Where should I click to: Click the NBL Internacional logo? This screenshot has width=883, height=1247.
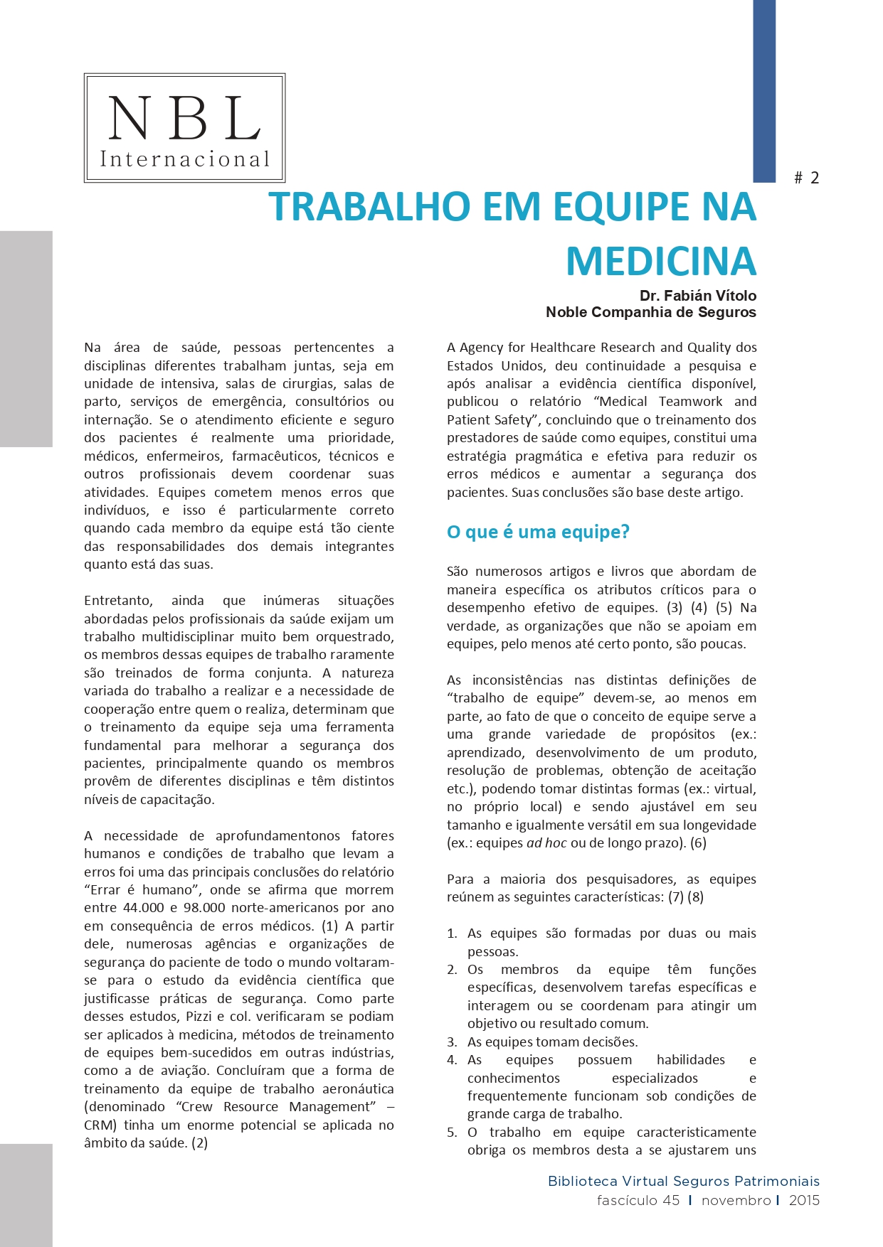184,128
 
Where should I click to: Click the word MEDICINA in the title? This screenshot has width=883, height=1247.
660,261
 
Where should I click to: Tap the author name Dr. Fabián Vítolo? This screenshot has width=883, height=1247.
697,296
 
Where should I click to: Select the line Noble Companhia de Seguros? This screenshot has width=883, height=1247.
650,312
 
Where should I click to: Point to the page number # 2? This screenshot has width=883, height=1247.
807,178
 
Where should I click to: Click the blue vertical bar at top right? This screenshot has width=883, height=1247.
764,91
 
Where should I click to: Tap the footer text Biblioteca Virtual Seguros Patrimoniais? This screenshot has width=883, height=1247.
683,1181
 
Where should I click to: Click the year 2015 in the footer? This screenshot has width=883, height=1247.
804,1200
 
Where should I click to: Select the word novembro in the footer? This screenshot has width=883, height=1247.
736,1200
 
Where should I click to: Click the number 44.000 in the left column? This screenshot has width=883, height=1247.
144,908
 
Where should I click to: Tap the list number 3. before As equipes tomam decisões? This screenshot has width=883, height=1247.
452,1042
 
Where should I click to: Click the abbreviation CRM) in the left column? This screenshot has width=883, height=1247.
100,1125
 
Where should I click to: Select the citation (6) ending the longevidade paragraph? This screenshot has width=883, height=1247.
698,843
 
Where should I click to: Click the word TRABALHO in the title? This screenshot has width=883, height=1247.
370,206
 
